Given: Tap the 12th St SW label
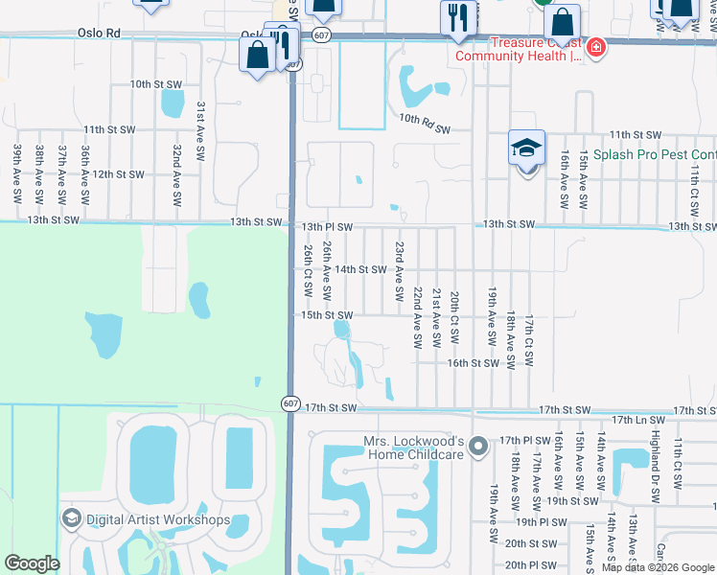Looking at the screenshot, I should click(x=118, y=174).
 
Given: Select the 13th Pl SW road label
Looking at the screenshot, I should click(x=328, y=227).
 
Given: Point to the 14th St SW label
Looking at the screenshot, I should click(x=359, y=270).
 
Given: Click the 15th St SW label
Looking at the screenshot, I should click(x=328, y=315).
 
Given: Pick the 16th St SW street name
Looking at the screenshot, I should click(x=473, y=363).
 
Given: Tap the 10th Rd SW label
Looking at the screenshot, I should click(x=425, y=121).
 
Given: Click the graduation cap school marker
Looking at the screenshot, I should click(x=526, y=148).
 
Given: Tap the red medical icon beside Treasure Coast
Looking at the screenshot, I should click(x=596, y=47).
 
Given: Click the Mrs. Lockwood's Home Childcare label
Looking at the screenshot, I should click(x=413, y=448).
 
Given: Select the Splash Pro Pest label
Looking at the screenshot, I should click(x=654, y=154).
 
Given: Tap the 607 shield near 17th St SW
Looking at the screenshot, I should click(x=290, y=403).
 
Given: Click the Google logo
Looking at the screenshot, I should click(x=32, y=563).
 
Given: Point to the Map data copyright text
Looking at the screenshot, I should click(x=657, y=567).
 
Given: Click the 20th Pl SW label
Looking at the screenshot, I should click(x=530, y=565).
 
